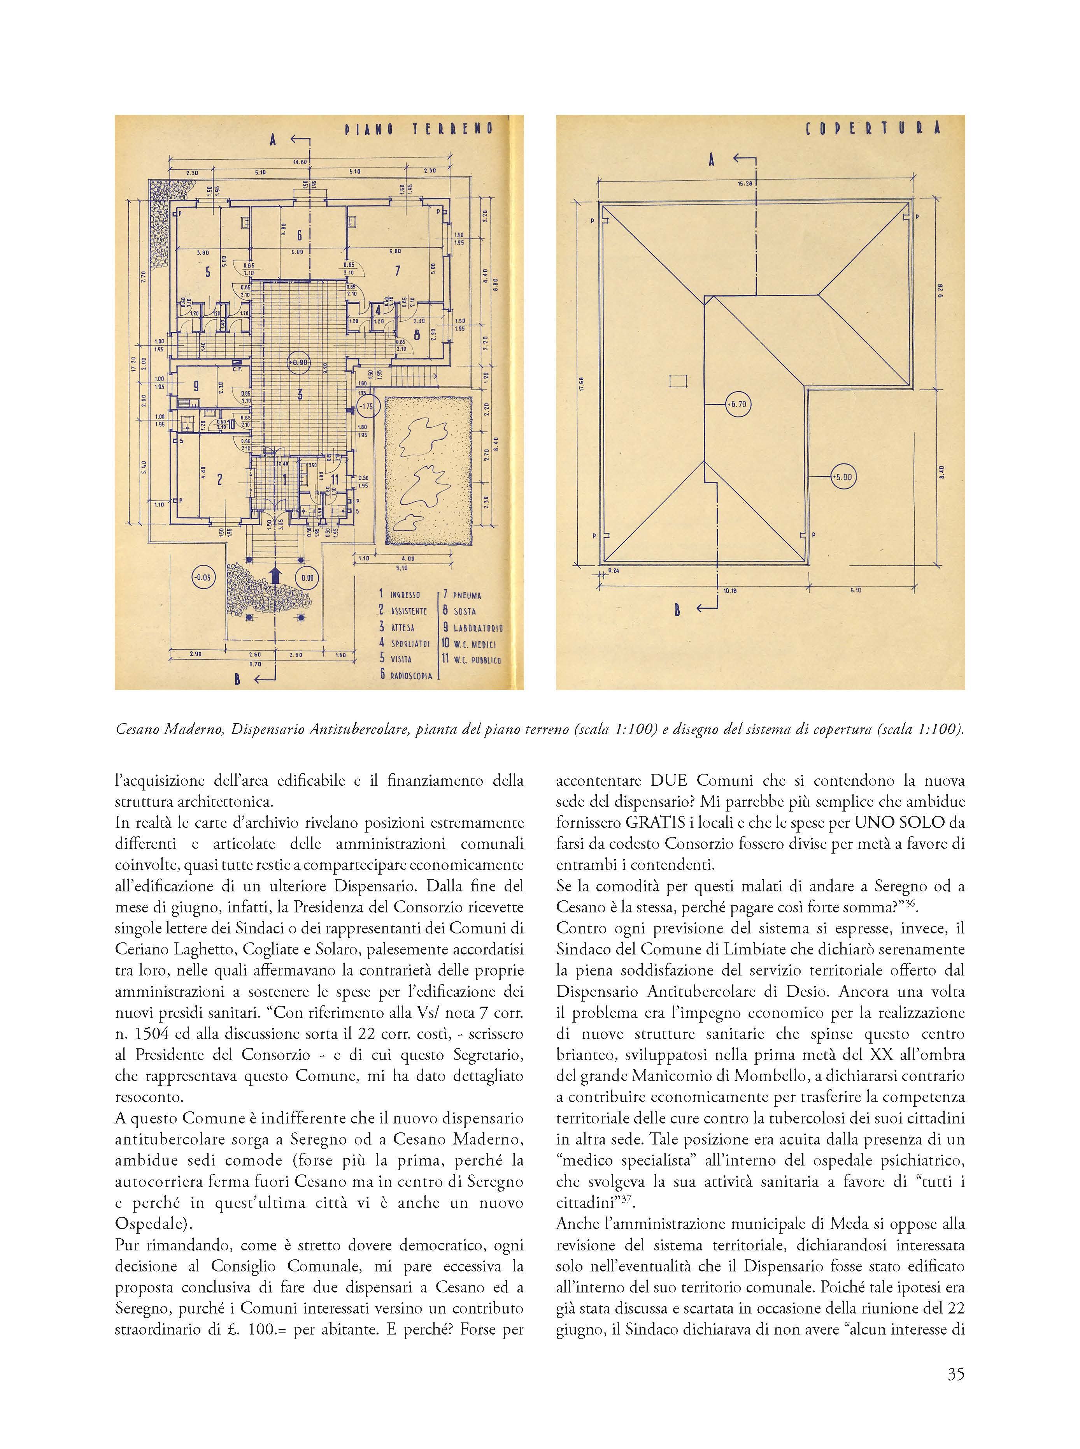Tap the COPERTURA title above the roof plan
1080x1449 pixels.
873,128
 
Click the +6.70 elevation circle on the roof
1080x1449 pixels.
737,404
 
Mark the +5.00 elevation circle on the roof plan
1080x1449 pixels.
842,477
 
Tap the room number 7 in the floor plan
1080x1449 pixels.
397,270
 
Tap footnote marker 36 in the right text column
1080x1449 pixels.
913,903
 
